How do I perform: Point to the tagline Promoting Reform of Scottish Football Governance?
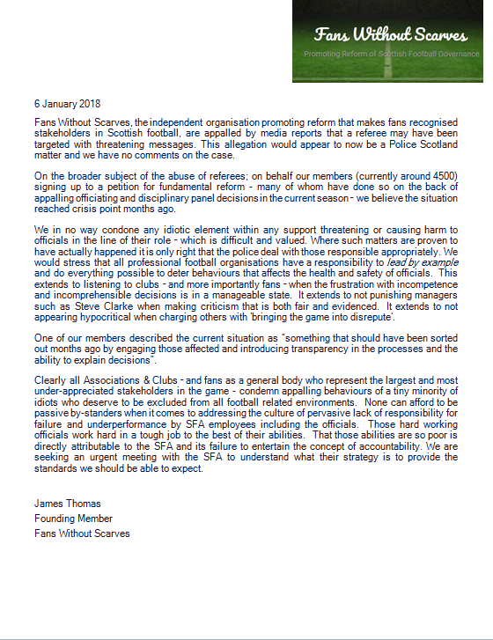(x=391, y=55)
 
